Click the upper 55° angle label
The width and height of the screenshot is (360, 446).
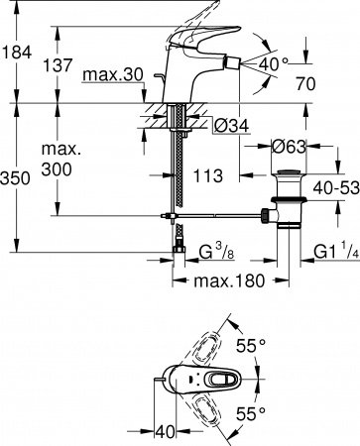point(251,346)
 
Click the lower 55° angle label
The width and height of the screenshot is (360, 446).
point(251,407)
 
